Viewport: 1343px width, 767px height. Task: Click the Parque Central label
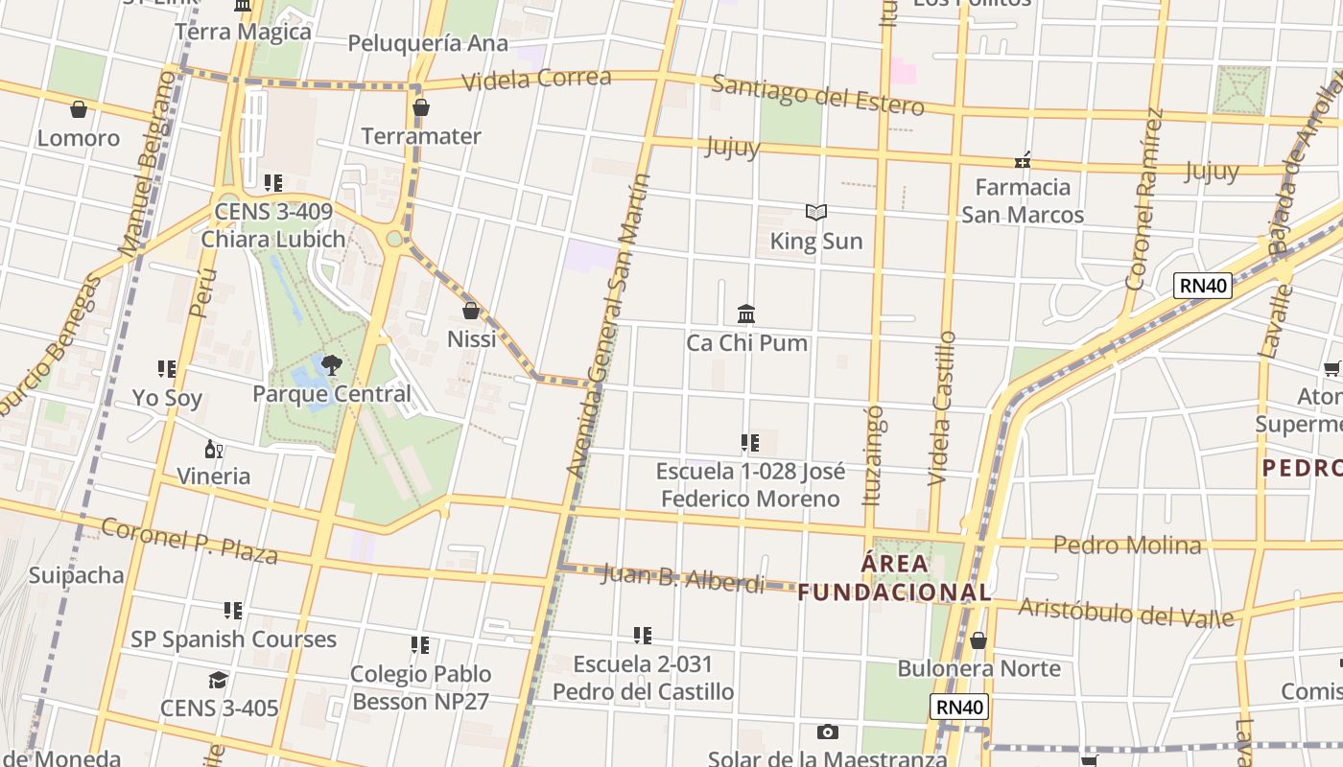(331, 394)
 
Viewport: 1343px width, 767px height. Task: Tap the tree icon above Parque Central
(331, 364)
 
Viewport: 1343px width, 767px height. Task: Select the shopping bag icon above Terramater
(420, 108)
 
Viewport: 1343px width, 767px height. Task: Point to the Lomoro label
(79, 138)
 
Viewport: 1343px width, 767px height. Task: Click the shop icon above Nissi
(471, 311)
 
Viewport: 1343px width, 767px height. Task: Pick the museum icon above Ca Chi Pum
(746, 314)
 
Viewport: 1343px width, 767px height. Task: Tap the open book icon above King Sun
(816, 213)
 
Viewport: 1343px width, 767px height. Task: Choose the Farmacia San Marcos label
(1023, 200)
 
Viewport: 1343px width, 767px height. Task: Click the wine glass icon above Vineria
(213, 449)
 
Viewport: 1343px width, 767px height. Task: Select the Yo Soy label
(167, 397)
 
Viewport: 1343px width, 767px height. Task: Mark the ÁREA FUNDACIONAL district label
(894, 578)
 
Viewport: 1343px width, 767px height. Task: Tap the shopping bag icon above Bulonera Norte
(978, 640)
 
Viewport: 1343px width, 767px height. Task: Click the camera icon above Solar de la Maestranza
(827, 732)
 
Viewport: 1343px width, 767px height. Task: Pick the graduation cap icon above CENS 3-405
(218, 681)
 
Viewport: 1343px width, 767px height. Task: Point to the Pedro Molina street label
(1127, 546)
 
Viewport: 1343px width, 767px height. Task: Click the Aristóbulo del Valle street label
(1125, 611)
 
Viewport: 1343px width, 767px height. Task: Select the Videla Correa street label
(536, 80)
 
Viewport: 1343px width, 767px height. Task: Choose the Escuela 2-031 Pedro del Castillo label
(643, 678)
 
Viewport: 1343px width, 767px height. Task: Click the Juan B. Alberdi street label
(682, 578)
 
